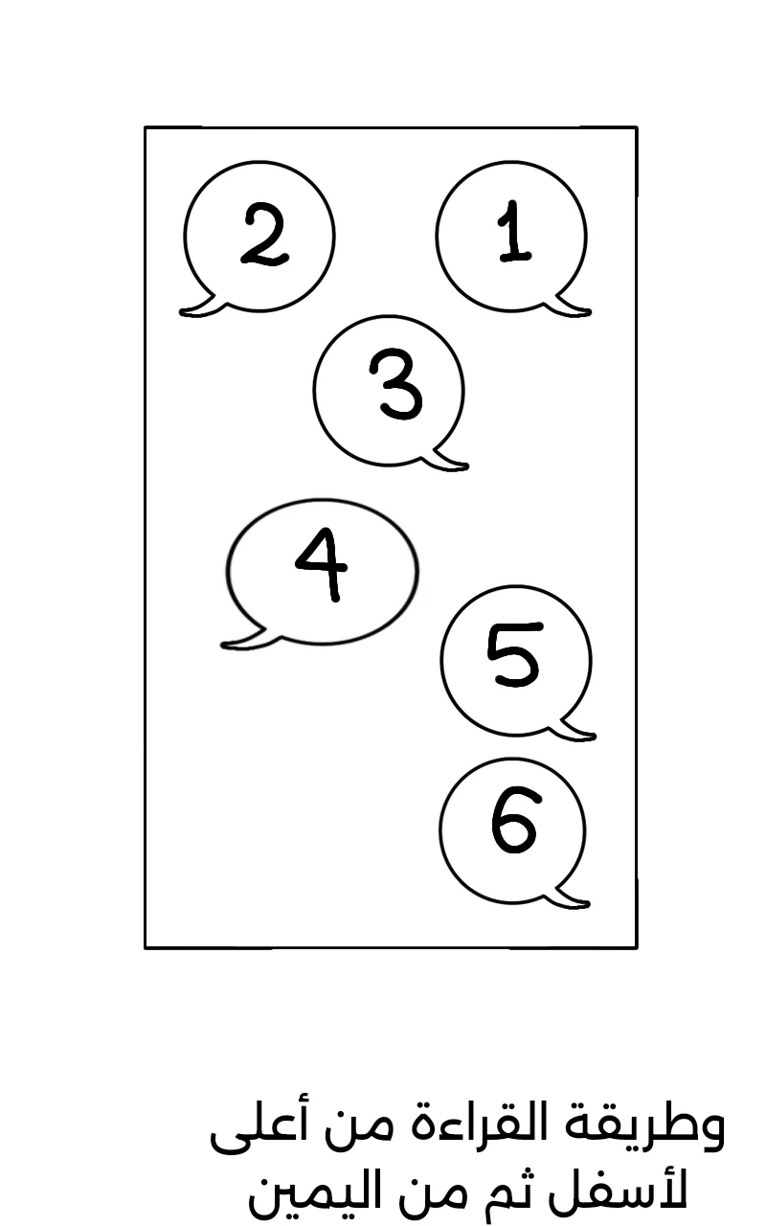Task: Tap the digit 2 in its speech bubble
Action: [264, 235]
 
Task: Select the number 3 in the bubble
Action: [396, 385]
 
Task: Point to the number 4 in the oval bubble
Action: [322, 564]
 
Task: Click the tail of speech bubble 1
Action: [572, 307]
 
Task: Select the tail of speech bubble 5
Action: [575, 731]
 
